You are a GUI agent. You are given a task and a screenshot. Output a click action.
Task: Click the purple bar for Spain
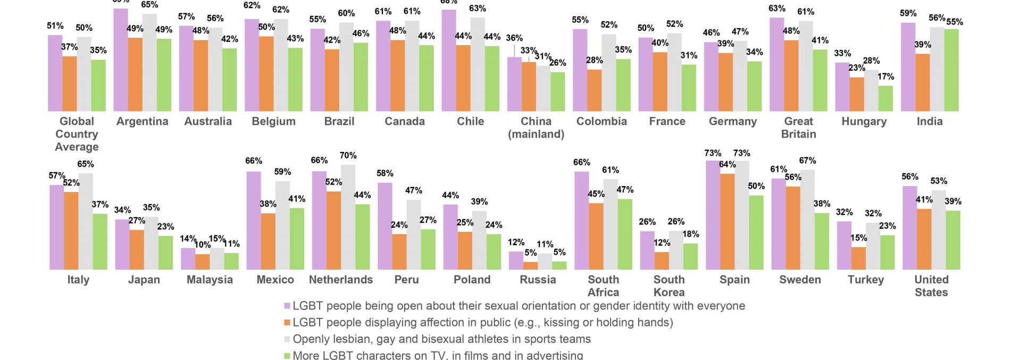click(x=713, y=215)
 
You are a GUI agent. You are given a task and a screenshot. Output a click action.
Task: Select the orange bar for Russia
click(x=530, y=265)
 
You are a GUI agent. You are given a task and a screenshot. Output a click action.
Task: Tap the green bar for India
click(x=951, y=70)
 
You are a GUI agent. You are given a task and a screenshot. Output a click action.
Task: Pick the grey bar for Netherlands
click(x=348, y=217)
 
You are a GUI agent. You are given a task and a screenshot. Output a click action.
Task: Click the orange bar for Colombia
click(x=595, y=90)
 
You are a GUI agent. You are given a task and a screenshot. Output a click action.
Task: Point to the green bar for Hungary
click(x=885, y=98)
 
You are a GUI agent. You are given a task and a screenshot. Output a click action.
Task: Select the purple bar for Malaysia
click(x=188, y=258)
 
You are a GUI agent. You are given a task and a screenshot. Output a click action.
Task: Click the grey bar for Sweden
click(x=807, y=220)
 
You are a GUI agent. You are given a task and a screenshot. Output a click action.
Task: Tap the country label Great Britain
click(x=798, y=128)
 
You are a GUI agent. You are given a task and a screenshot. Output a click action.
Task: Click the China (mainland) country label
click(x=536, y=128)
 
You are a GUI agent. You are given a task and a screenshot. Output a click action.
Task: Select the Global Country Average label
click(x=77, y=134)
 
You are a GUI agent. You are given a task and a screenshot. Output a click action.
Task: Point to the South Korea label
click(x=669, y=286)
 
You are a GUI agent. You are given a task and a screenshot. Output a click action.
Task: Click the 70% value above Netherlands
click(x=348, y=155)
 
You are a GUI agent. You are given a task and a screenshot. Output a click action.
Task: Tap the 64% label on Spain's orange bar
click(x=727, y=164)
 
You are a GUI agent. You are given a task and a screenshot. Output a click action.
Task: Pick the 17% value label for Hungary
click(x=885, y=77)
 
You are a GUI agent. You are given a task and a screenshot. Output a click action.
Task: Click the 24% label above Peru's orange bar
click(x=399, y=225)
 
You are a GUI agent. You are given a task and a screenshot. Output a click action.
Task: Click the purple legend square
click(x=287, y=306)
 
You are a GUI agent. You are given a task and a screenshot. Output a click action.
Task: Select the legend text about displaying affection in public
click(x=482, y=322)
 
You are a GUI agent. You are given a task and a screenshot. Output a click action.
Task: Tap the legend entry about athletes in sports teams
click(x=441, y=339)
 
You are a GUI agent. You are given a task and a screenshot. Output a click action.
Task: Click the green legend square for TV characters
click(x=287, y=356)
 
